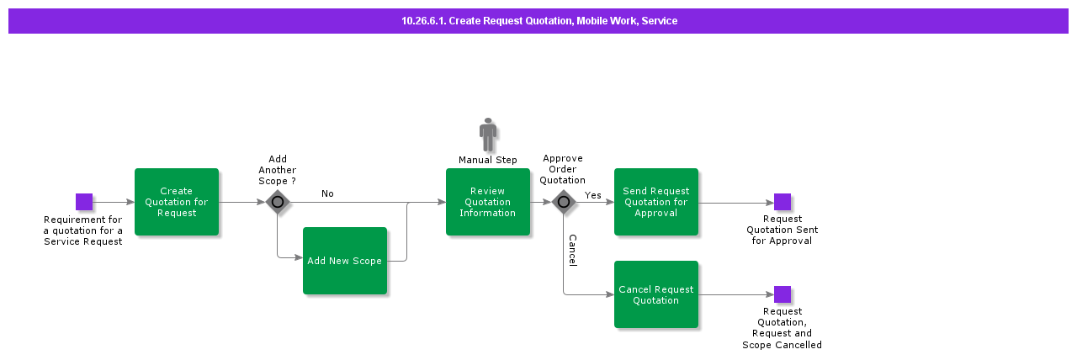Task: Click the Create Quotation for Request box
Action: (177, 202)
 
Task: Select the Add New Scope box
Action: (345, 261)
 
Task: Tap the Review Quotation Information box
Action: (488, 202)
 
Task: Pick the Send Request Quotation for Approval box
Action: (656, 202)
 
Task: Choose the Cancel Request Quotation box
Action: (656, 294)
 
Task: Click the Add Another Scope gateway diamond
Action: (278, 202)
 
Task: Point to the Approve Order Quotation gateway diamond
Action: (564, 202)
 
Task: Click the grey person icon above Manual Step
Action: (488, 135)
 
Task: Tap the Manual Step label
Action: (488, 160)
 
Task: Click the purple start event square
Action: (84, 202)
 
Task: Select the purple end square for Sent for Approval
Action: (783, 202)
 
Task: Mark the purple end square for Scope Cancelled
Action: (783, 294)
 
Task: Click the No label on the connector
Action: (327, 193)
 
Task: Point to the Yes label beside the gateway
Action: (593, 195)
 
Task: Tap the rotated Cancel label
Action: (572, 251)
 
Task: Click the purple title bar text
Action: (538, 21)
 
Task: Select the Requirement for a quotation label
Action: (83, 230)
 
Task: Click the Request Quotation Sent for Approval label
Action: (783, 230)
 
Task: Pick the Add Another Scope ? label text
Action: (278, 170)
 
